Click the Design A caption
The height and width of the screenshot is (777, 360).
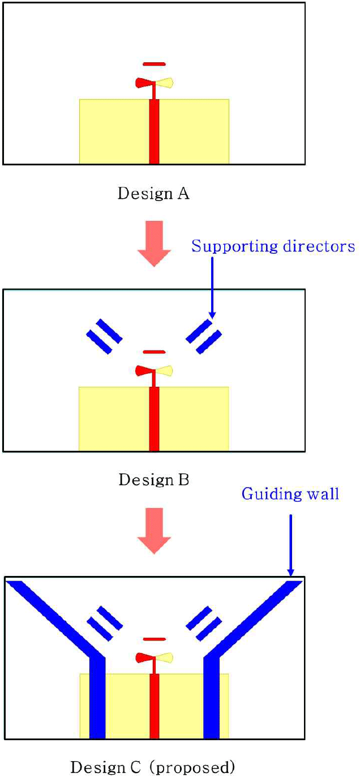(x=153, y=194)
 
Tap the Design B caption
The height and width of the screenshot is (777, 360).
(x=153, y=480)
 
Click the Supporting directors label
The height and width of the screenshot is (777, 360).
(x=273, y=246)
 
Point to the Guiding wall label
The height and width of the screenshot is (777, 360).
(x=290, y=494)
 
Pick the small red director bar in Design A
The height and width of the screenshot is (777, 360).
(x=154, y=63)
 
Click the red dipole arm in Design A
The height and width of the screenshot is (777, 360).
(x=144, y=83)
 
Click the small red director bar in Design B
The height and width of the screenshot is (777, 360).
(x=154, y=352)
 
